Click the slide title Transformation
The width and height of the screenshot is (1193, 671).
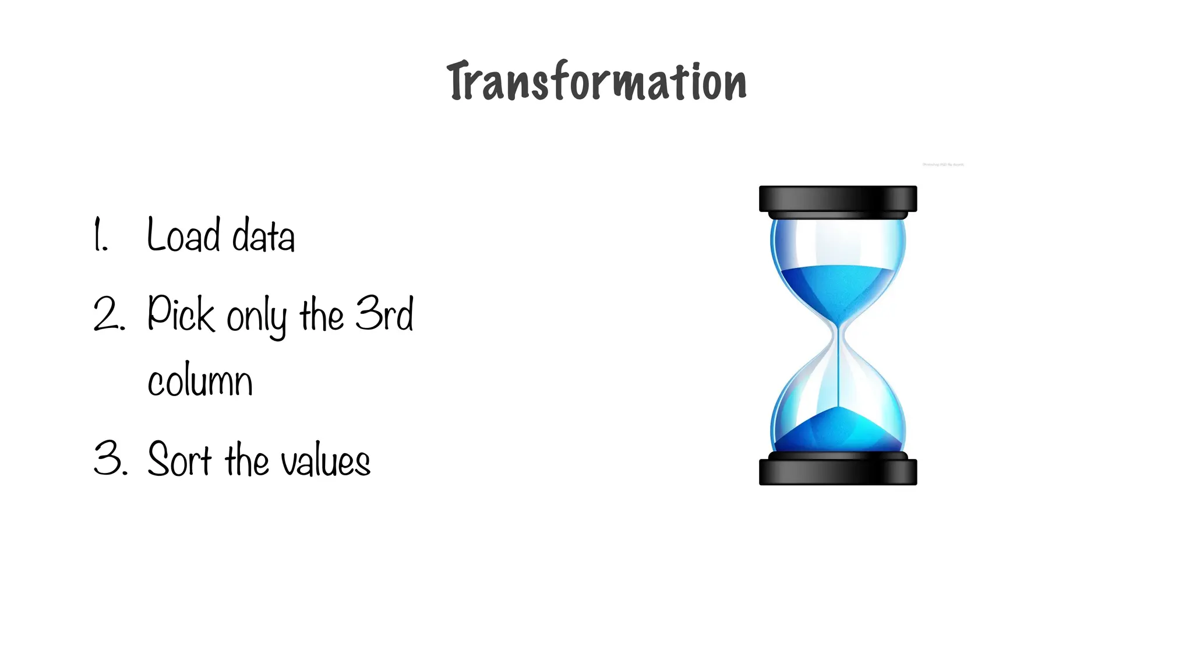pyautogui.click(x=596, y=82)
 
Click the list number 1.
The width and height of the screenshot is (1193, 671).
pyautogui.click(x=100, y=235)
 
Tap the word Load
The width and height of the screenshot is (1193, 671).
pyautogui.click(x=183, y=235)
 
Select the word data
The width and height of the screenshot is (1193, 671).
pyautogui.click(x=263, y=236)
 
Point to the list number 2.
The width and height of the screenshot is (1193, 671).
pyautogui.click(x=108, y=315)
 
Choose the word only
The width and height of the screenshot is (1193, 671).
pyautogui.click(x=256, y=317)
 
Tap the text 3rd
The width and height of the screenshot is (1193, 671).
pyautogui.click(x=384, y=313)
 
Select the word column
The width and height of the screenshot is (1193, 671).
pyautogui.click(x=200, y=382)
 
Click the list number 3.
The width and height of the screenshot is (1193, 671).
pyautogui.click(x=110, y=459)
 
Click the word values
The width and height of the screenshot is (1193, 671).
pyautogui.click(x=326, y=461)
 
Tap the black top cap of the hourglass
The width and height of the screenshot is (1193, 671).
pyautogui.click(x=838, y=199)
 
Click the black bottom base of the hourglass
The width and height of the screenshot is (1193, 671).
pyautogui.click(x=838, y=472)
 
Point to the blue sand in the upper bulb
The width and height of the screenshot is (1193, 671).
pyautogui.click(x=838, y=288)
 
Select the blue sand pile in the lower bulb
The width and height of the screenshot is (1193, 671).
pyautogui.click(x=838, y=431)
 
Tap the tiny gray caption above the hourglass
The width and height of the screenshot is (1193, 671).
pyautogui.click(x=943, y=165)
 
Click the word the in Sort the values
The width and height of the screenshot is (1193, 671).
pyautogui.click(x=247, y=460)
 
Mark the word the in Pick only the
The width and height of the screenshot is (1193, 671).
pyautogui.click(x=322, y=315)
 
